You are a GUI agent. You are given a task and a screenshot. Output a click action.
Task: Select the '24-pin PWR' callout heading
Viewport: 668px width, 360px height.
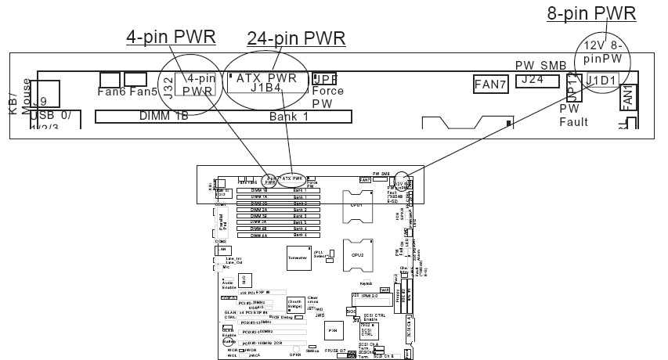pyautogui.click(x=296, y=38)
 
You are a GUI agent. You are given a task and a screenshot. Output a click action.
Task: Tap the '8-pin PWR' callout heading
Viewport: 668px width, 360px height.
pyautogui.click(x=590, y=13)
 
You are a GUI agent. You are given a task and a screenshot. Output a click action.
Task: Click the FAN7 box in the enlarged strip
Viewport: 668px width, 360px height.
pyautogui.click(x=492, y=82)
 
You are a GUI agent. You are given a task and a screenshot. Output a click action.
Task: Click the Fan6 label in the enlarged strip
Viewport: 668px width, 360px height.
pyautogui.click(x=111, y=92)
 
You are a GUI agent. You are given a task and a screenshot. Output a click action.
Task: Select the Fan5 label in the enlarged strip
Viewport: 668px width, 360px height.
pyautogui.click(x=143, y=92)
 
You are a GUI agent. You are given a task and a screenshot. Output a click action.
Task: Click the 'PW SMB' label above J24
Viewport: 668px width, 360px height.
pyautogui.click(x=540, y=66)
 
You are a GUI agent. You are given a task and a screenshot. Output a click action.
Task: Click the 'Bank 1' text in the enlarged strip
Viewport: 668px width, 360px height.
pyautogui.click(x=289, y=117)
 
